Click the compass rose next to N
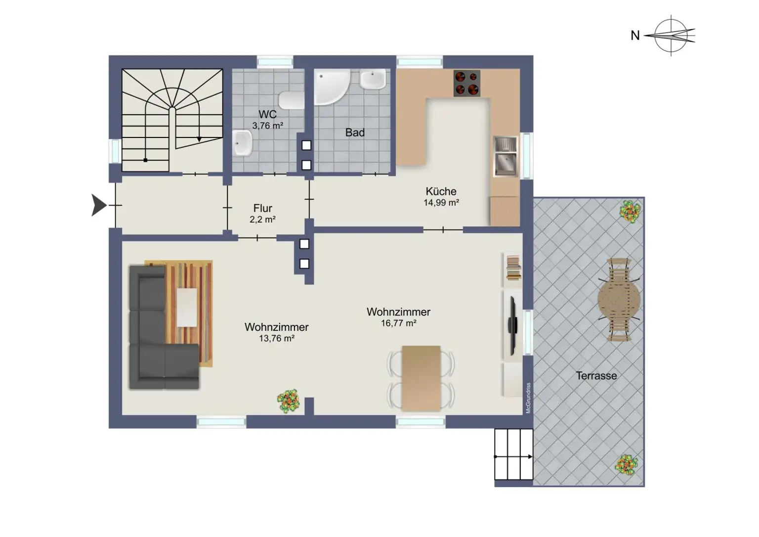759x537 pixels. pyautogui.click(x=671, y=35)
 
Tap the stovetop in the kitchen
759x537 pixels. pyautogui.click(x=466, y=84)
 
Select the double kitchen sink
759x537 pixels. pyautogui.click(x=505, y=156)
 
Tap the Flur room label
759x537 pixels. pyautogui.click(x=262, y=208)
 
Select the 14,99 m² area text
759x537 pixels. pyautogui.click(x=441, y=203)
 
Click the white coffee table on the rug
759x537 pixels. pyautogui.click(x=187, y=308)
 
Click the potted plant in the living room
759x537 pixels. pyautogui.click(x=288, y=401)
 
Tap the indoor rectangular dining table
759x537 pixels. pyautogui.click(x=421, y=378)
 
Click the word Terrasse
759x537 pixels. pyautogui.click(x=596, y=376)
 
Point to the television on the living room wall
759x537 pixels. pyautogui.click(x=512, y=325)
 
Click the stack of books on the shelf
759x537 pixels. pyautogui.click(x=514, y=268)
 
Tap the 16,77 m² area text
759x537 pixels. pyautogui.click(x=398, y=323)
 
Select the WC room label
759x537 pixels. pyautogui.click(x=267, y=114)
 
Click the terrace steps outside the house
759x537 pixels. pyautogui.click(x=514, y=454)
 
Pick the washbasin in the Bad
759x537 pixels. pyautogui.click(x=373, y=79)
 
